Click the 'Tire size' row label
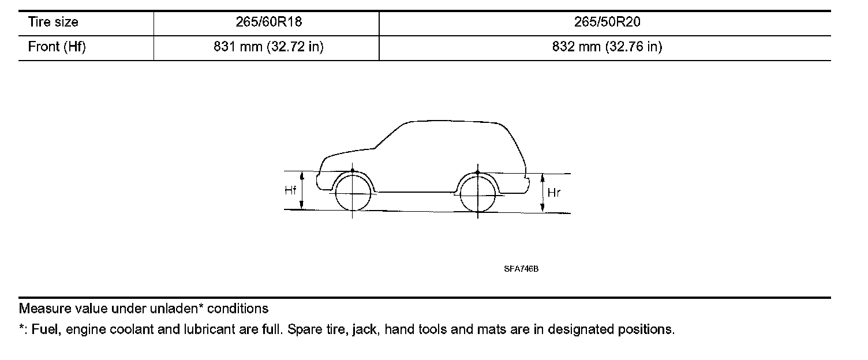[x=53, y=22]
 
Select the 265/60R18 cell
[x=265, y=22]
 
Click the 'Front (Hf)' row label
[x=57, y=47]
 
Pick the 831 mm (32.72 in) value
[x=268, y=47]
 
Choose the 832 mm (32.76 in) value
[x=607, y=47]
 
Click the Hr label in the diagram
[x=553, y=194]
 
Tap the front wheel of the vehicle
[x=353, y=193]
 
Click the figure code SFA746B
[x=521, y=269]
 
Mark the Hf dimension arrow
[x=302, y=190]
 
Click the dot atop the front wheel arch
[x=353, y=171]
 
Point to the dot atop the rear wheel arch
[x=478, y=172]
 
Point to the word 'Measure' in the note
[x=42, y=309]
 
